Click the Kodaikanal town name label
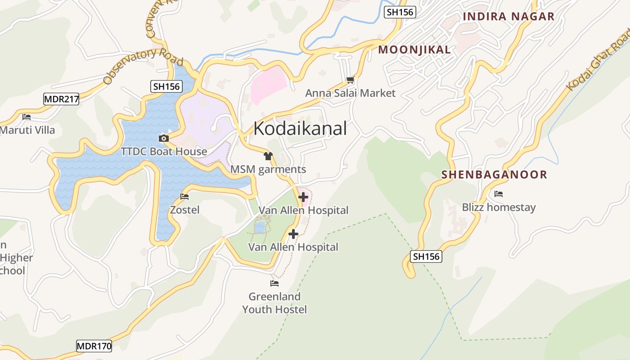coord(300,129)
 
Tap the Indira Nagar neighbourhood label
coord(508,17)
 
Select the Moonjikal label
coord(414,49)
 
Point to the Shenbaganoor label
coord(494,175)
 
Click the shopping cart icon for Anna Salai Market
coord(350,80)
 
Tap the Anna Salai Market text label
coord(350,93)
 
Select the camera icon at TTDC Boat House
coord(164,138)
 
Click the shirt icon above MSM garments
coord(268,156)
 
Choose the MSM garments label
coord(268,170)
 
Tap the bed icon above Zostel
coord(184,197)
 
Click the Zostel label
coord(184,210)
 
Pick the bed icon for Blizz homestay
coord(498,194)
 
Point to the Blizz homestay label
coord(499,207)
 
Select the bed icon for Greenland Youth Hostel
coord(274,283)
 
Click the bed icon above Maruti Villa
coord(27,117)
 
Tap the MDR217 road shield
coord(61,99)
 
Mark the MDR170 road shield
coord(94,346)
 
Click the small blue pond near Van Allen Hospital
coord(260,228)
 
